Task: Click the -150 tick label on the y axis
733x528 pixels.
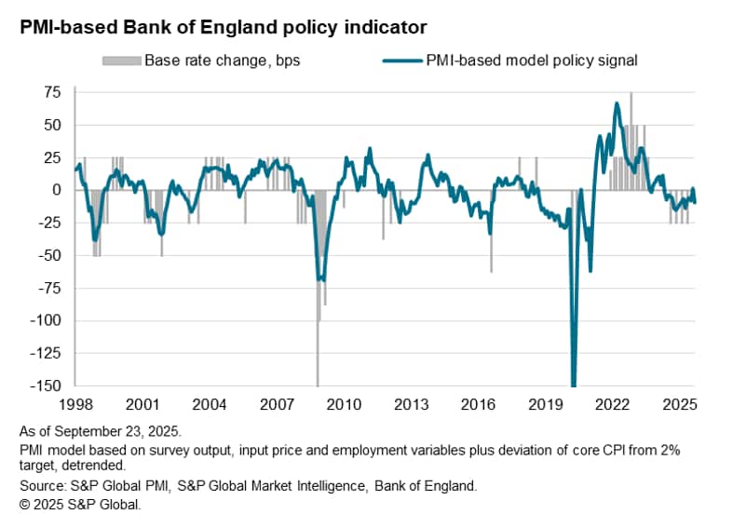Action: [44, 386]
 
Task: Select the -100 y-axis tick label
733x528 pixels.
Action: [44, 320]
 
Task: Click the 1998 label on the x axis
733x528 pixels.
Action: [74, 405]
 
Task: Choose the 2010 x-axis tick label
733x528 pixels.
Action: [344, 405]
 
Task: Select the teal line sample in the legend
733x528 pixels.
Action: [404, 61]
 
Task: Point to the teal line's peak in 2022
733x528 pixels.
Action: [617, 103]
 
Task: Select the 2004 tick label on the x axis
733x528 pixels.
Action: [209, 405]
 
